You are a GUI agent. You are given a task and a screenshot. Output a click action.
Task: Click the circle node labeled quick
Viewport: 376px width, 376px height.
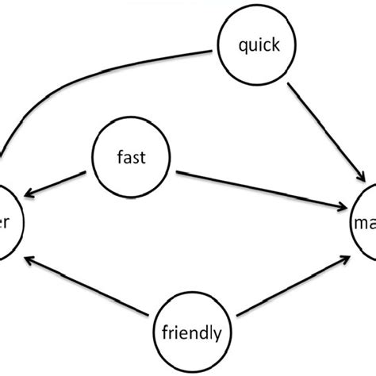click(x=258, y=44)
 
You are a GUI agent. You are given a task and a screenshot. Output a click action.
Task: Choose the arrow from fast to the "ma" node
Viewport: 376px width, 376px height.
click(x=262, y=187)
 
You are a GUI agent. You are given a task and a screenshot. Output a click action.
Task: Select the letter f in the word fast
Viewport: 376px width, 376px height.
click(x=119, y=156)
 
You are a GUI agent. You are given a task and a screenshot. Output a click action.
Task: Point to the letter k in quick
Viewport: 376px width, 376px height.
click(x=274, y=44)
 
